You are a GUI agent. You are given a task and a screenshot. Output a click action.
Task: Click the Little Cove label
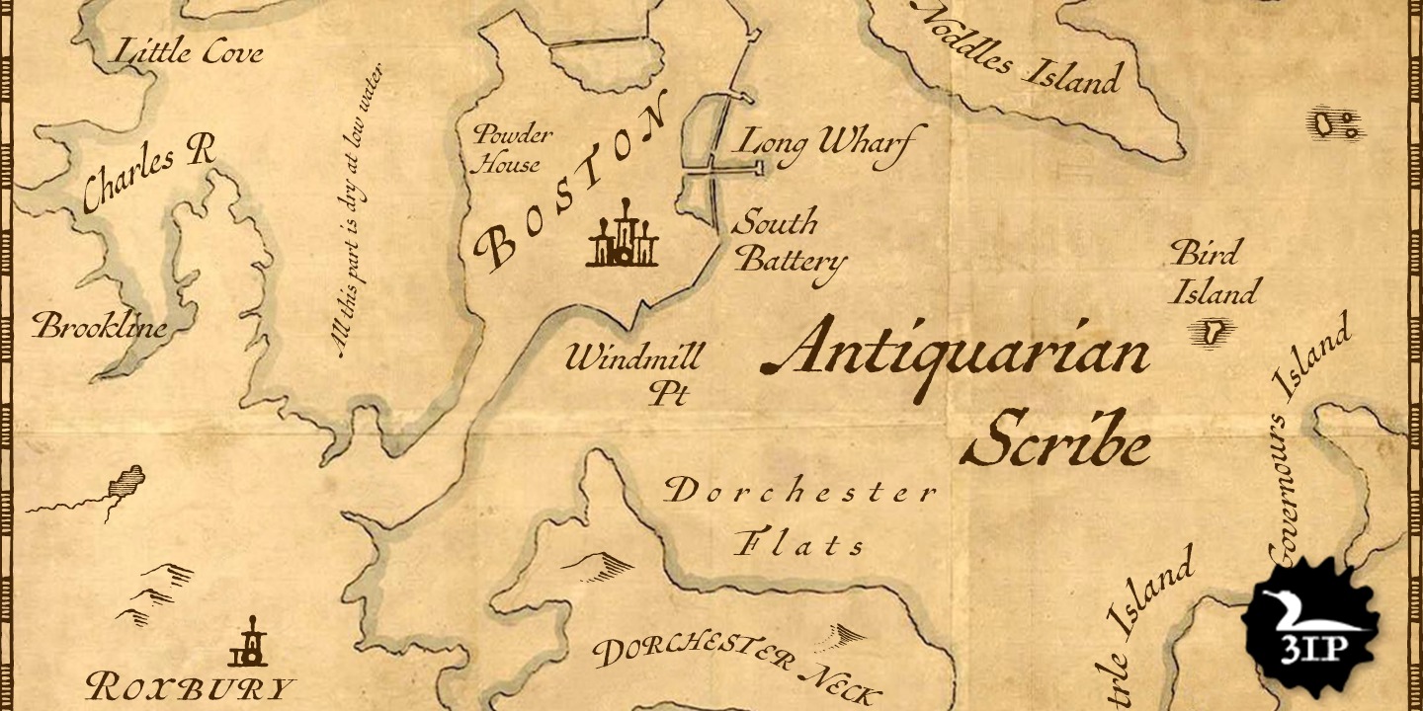pyautogui.click(x=190, y=51)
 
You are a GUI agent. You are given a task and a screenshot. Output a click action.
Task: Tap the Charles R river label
pyautogui.click(x=148, y=173)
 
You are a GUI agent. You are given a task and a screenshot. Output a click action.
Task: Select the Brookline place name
pyautogui.click(x=100, y=326)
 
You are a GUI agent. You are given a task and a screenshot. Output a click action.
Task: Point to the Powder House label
pyautogui.click(x=510, y=149)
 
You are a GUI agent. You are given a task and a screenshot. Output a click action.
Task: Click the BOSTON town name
pyautogui.click(x=571, y=188)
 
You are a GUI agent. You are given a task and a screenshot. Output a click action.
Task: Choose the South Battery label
pyautogui.click(x=789, y=243)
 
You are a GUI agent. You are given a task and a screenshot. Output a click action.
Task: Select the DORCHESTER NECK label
pyautogui.click(x=735, y=668)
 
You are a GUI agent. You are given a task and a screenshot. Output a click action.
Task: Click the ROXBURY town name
pyautogui.click(x=190, y=687)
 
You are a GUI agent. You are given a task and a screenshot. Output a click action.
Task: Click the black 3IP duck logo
pyautogui.click(x=1310, y=626)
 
